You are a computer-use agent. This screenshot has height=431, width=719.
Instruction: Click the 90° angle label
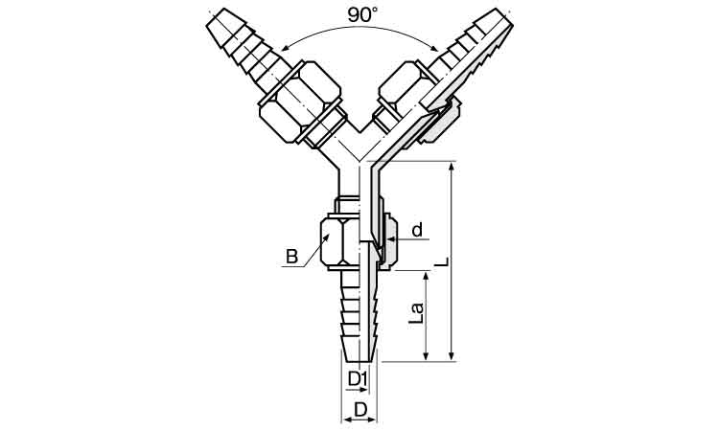362,15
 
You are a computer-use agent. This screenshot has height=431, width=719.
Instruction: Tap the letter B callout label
291,256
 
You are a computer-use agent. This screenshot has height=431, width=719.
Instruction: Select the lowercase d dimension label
417,230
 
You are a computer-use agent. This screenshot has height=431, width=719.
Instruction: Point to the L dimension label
442,261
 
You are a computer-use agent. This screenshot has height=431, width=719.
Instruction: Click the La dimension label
417,313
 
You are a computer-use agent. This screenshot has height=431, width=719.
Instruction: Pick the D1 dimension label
359,378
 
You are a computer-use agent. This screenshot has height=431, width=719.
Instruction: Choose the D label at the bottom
361,409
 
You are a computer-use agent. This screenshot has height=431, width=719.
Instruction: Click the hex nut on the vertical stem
339,240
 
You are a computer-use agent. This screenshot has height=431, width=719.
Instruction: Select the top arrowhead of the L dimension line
452,168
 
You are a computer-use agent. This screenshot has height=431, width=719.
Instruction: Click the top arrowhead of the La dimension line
426,277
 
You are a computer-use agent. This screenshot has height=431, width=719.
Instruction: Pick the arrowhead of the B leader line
327,238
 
